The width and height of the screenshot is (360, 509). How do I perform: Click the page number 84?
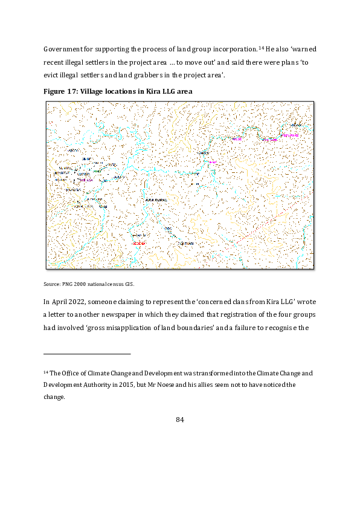tap(179, 420)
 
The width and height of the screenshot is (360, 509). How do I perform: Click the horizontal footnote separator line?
tap(87, 354)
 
